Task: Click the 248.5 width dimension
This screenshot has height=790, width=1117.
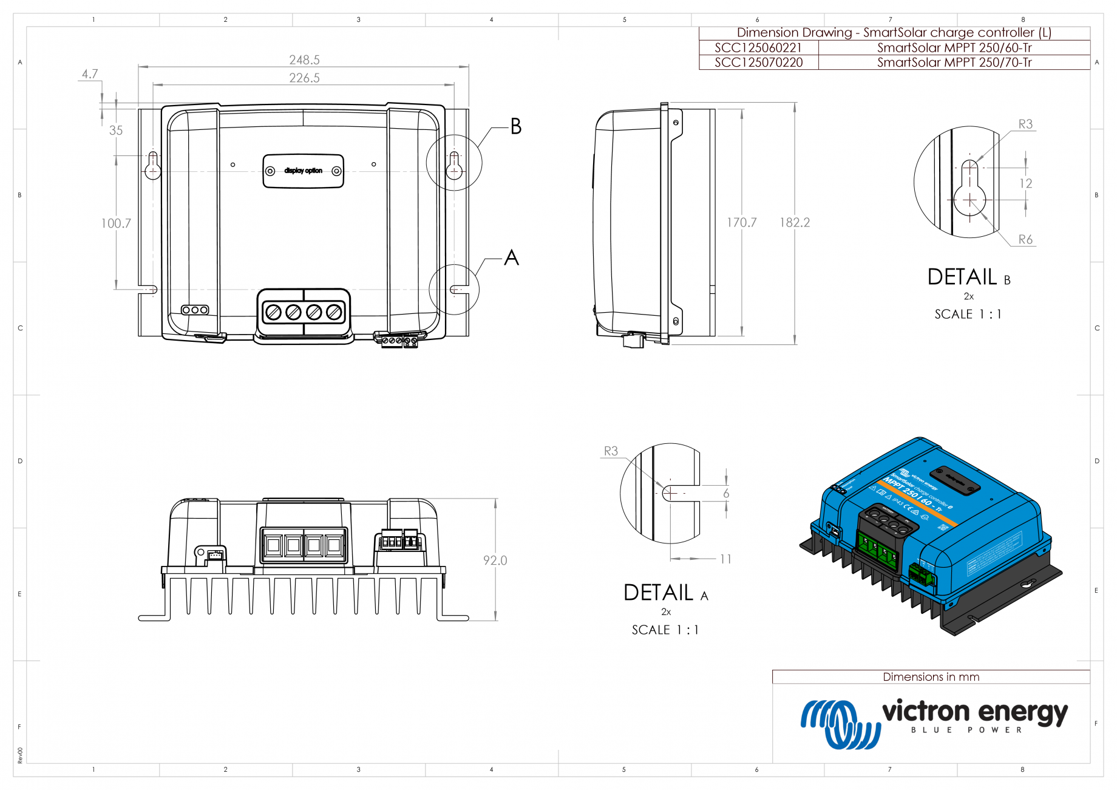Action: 304,60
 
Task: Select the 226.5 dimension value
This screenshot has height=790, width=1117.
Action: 304,78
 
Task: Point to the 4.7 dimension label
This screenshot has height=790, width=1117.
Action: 90,74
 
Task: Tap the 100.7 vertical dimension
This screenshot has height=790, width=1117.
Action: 116,223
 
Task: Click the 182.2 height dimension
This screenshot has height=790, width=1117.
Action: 795,223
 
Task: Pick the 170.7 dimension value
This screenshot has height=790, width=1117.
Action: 741,223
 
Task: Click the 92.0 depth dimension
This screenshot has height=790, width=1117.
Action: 495,560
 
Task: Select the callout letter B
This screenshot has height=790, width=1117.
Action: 515,126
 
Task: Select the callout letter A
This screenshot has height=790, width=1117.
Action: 511,258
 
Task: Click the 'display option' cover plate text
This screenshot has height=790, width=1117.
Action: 303,171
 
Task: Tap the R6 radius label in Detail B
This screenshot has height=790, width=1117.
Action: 1025,239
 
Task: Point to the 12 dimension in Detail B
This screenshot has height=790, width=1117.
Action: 1025,183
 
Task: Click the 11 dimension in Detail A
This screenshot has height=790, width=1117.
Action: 725,559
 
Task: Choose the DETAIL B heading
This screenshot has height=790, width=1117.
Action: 968,278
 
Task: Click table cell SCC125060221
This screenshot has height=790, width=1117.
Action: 758,48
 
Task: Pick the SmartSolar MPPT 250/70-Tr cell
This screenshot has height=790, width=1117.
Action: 954,63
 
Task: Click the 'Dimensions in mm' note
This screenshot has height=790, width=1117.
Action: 931,677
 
